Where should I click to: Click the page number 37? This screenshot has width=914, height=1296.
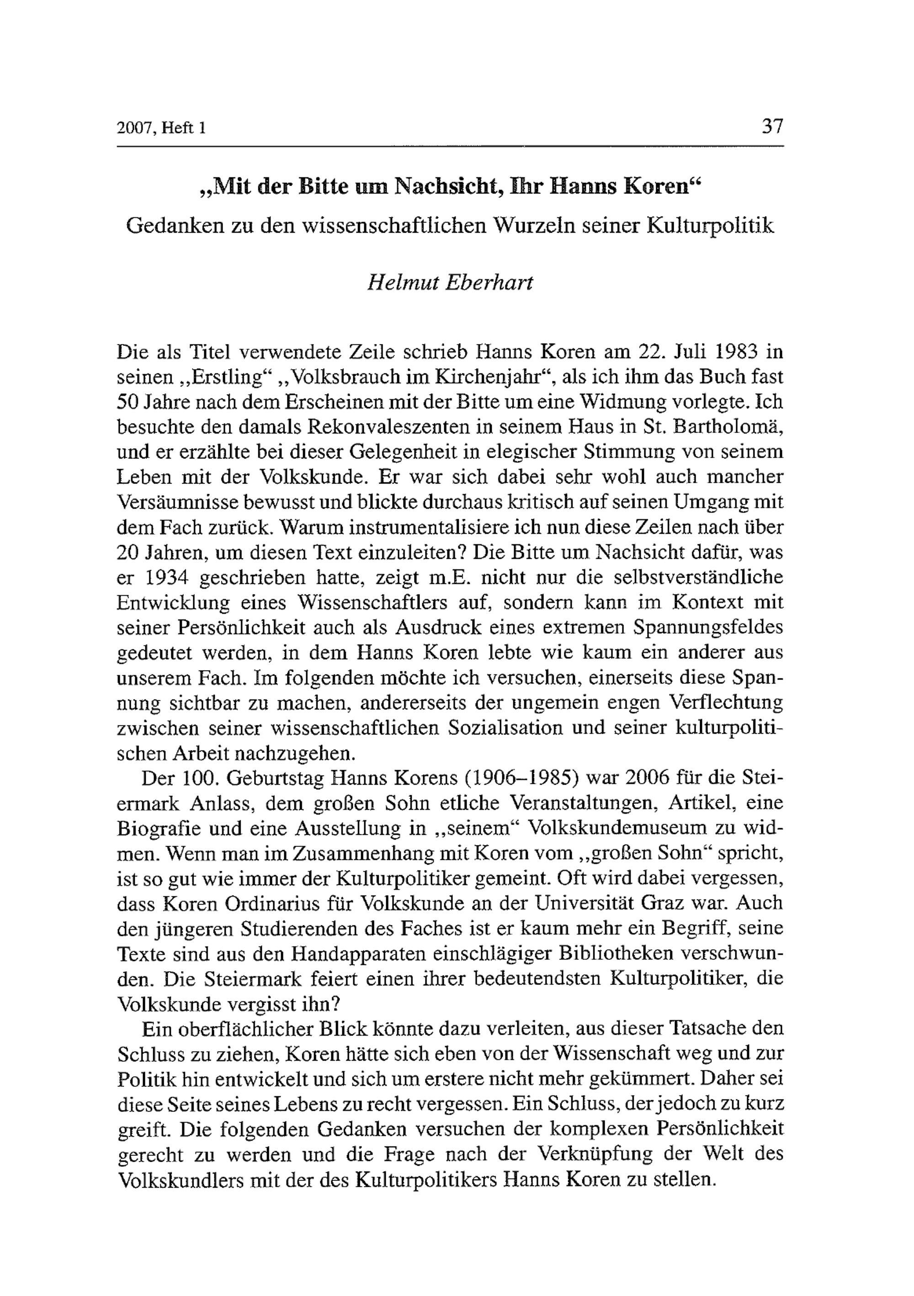point(772,126)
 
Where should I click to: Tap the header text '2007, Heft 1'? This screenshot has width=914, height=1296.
point(161,128)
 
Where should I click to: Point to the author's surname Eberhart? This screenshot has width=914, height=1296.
point(489,282)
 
